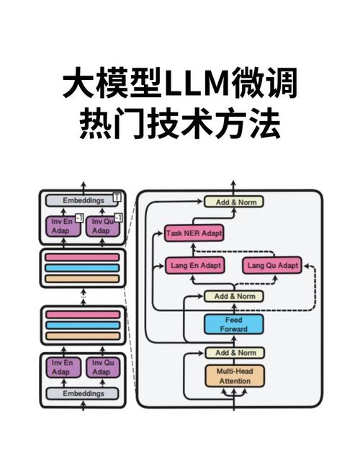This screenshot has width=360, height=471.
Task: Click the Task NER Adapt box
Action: [194, 233]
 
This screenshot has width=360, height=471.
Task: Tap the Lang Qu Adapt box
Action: [271, 265]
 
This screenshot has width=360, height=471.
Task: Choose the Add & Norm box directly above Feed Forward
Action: [235, 296]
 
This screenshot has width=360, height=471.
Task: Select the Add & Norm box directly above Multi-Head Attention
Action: [235, 352]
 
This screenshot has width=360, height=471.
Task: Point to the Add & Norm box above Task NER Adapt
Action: [235, 202]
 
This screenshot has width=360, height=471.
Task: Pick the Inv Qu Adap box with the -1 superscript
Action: [101, 226]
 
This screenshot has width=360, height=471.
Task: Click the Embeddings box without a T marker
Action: [82, 394]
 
